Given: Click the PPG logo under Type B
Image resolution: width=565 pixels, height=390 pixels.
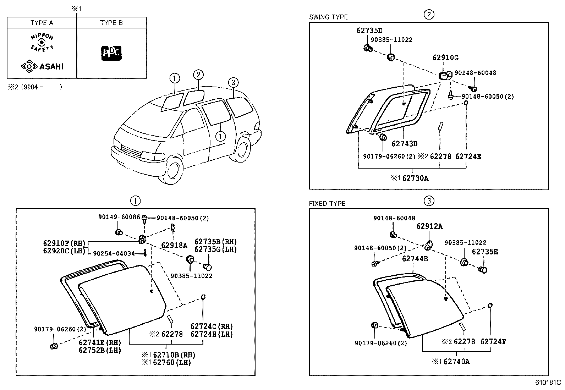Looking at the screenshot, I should click(111, 53).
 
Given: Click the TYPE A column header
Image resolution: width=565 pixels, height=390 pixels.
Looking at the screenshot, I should click(42, 23).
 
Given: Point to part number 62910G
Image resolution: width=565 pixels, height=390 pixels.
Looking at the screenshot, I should click(445, 57).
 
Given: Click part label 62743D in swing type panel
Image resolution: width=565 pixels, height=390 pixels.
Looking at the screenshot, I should click(404, 144).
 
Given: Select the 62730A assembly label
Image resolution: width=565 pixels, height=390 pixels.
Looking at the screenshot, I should click(415, 178).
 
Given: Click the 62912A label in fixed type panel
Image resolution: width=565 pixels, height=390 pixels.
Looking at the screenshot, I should click(429, 226).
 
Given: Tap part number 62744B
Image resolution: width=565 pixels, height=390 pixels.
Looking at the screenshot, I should click(415, 259).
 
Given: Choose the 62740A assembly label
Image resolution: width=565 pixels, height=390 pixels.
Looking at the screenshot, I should click(456, 362).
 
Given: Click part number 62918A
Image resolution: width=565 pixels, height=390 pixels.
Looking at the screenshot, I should click(174, 245).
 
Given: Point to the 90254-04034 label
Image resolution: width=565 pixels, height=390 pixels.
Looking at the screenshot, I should click(114, 253).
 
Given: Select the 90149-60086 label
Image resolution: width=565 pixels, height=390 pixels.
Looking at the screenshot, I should click(119, 216).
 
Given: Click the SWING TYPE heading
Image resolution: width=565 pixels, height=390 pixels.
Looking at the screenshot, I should click(328, 17).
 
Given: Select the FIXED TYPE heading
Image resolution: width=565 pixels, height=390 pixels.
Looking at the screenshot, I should click(327, 204).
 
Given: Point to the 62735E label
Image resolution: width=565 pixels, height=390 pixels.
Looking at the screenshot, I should click(485, 252).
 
